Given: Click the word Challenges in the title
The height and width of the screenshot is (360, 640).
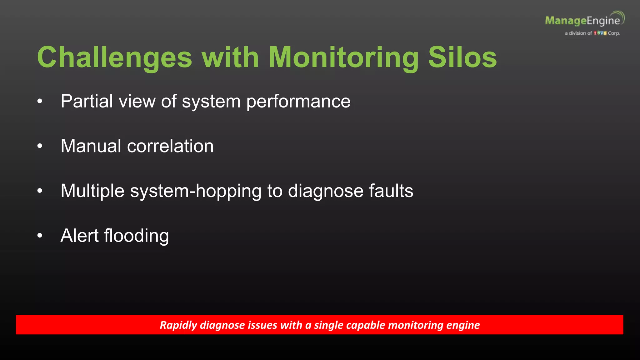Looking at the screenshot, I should (114, 58).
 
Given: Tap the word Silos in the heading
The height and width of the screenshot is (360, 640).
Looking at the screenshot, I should (462, 57).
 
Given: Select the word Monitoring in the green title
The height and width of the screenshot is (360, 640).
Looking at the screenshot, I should (343, 58).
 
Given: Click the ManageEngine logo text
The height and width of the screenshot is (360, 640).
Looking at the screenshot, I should (582, 21).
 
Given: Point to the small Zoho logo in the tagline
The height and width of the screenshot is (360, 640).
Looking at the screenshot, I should (600, 33).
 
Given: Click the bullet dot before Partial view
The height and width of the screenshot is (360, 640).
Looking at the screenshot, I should (40, 101).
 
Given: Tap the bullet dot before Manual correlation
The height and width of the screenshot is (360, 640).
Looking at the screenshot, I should (40, 146).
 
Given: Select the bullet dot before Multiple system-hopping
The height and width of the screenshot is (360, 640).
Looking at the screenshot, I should (40, 191).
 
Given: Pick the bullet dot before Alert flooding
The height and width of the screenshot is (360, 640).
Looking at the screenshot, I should (40, 235).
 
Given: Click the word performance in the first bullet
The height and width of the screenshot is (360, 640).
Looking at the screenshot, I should (298, 102).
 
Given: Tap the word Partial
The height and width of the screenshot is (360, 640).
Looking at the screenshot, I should (87, 101).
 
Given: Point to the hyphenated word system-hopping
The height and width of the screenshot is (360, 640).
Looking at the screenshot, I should (196, 191).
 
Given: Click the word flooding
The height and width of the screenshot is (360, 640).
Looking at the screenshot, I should (137, 236).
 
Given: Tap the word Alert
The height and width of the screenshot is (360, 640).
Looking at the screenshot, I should (79, 235).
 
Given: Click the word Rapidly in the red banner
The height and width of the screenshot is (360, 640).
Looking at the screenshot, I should (178, 325).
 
